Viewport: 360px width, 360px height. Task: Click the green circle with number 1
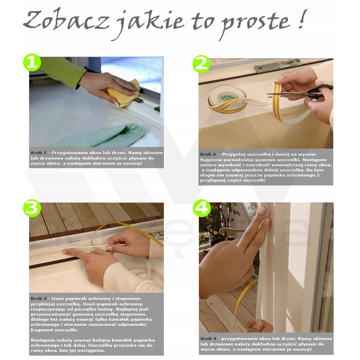[32, 62]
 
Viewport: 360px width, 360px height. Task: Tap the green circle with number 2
[202, 63]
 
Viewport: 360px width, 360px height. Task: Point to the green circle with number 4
[202, 208]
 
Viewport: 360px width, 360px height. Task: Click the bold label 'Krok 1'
[39, 152]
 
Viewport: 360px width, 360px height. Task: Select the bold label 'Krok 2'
[208, 154]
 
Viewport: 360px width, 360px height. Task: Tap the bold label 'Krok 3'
[39, 299]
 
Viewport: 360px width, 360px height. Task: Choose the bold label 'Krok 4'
[208, 338]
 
